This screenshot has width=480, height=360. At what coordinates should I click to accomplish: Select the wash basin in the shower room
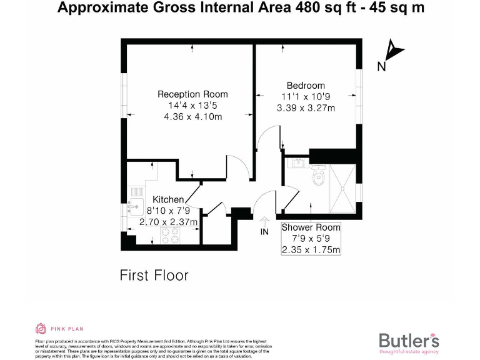(x=297, y=164)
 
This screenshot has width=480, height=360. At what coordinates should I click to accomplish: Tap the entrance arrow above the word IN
(x=264, y=221)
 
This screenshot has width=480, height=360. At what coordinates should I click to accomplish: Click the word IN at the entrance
(x=264, y=232)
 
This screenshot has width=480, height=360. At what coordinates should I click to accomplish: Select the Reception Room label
(x=192, y=94)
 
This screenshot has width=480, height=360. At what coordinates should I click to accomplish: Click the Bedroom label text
(x=306, y=86)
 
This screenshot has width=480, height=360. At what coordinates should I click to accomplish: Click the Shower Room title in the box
(x=311, y=227)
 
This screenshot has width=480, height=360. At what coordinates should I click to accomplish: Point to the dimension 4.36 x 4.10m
(x=192, y=117)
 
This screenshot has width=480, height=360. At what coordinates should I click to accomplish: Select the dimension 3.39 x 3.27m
(x=306, y=108)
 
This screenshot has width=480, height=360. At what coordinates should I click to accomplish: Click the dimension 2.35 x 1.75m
(x=311, y=250)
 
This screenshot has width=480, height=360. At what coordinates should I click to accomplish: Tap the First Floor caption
(x=153, y=275)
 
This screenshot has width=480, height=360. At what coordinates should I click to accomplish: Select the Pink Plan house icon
(x=41, y=329)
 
